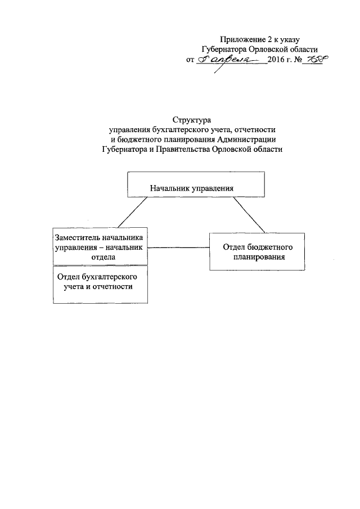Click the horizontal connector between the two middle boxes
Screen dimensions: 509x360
click(178, 247)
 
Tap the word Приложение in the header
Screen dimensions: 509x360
click(240, 39)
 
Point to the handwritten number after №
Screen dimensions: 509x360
click(316, 58)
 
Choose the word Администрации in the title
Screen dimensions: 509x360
click(246, 139)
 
